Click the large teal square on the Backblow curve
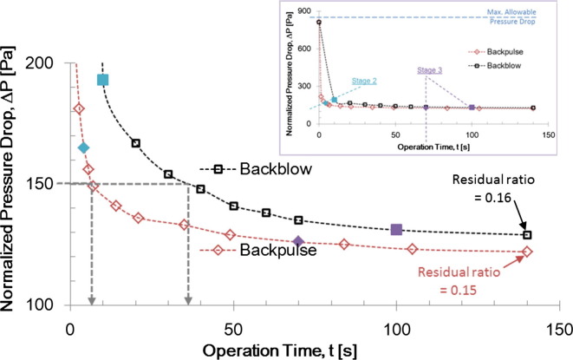(x=102, y=80)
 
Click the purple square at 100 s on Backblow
(x=396, y=229)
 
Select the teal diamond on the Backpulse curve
(x=83, y=147)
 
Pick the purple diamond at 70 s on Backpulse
(x=298, y=241)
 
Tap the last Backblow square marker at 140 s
(x=526, y=234)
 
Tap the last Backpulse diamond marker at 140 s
(x=526, y=252)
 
